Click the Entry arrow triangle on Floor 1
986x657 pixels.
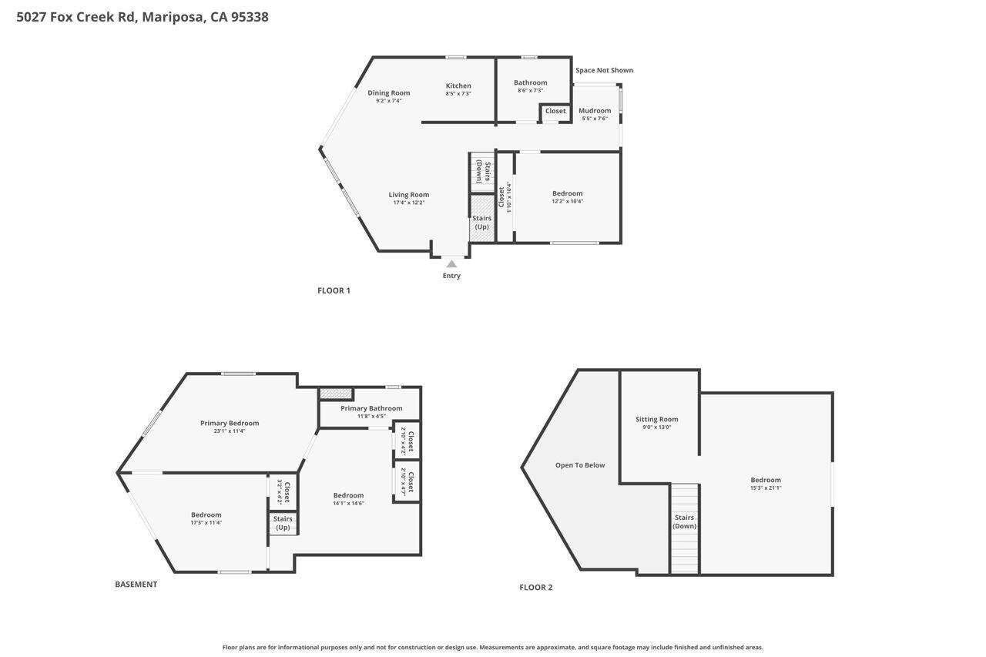point(451,264)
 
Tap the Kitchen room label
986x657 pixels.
point(458,85)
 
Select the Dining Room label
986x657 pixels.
point(388,93)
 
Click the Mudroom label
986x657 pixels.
point(594,111)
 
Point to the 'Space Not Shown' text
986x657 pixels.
point(604,70)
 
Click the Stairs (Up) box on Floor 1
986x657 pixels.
point(481,220)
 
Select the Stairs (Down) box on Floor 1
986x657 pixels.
point(482,172)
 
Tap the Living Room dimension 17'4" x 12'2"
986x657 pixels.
point(408,203)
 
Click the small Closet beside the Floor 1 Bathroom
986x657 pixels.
point(555,112)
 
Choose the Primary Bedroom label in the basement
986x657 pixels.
point(230,423)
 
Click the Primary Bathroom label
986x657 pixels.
point(371,408)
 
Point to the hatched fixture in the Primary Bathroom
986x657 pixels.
point(336,394)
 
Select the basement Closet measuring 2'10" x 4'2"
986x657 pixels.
point(407,441)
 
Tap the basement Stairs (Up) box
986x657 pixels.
point(283,523)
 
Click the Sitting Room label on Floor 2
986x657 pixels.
point(656,420)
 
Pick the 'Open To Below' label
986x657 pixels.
point(580,465)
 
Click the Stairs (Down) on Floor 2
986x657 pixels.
point(684,528)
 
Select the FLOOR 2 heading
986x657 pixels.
point(535,588)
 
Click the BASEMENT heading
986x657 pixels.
point(136,585)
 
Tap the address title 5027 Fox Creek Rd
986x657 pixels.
point(142,16)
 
